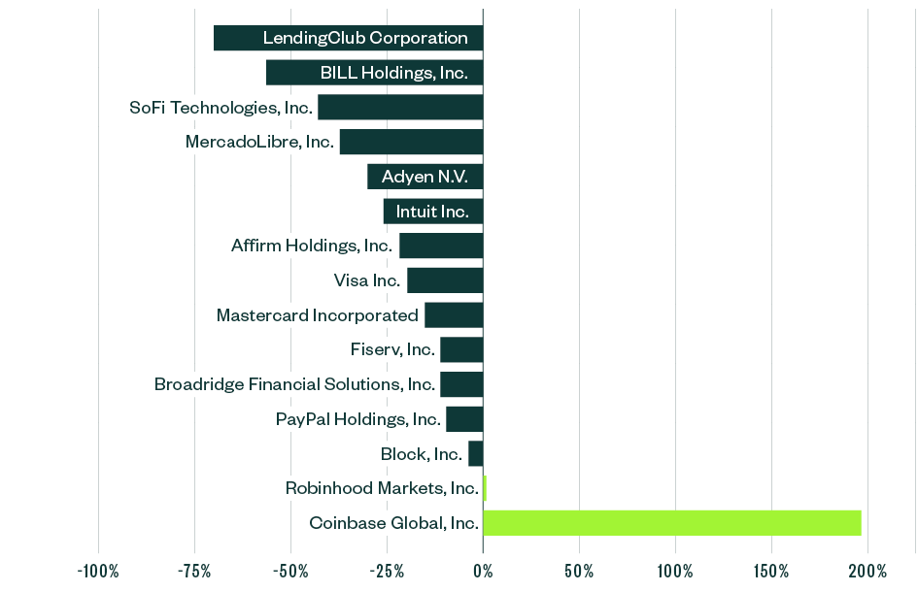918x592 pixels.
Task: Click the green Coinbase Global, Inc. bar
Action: point(671,523)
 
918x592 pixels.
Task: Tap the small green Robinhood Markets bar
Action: point(485,488)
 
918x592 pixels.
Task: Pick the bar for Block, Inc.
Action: point(476,453)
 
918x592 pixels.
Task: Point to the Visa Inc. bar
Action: point(445,280)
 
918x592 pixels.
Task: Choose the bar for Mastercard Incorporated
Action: point(454,315)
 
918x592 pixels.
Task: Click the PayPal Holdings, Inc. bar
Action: point(464,419)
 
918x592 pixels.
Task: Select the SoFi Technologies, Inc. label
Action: point(221,108)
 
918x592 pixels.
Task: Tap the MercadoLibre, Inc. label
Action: point(259,142)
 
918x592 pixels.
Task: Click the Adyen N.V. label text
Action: point(425,177)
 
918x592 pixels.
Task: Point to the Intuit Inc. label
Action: point(432,212)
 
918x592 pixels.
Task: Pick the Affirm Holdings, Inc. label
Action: point(311,246)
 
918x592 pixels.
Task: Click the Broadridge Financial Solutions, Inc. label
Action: point(294,384)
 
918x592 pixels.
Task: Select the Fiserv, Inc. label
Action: point(392,349)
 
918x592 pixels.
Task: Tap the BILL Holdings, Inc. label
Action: point(394,73)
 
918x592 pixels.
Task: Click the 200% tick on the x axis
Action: point(867,571)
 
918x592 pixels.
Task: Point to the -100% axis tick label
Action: point(97,571)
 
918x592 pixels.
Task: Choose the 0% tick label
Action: point(483,571)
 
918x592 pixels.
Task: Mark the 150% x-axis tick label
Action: point(771,571)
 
